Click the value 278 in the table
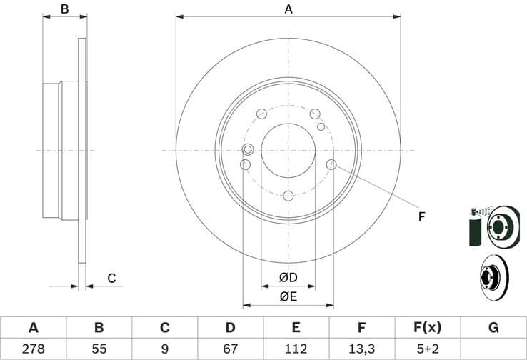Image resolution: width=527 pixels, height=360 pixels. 33,349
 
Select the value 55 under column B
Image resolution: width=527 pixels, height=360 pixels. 99,349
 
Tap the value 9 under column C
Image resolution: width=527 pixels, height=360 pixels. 165,349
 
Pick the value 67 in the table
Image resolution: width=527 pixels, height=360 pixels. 230,349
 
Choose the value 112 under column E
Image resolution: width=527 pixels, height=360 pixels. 296,349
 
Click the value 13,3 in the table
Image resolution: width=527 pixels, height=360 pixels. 361,349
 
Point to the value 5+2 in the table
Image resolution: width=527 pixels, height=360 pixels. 427,349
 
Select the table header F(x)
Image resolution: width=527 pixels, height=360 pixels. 427,328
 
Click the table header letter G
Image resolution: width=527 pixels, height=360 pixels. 493,328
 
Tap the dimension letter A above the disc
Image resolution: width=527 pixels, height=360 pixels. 288,9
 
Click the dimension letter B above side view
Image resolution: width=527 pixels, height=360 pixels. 64,9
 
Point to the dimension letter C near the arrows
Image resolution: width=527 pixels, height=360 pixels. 111,279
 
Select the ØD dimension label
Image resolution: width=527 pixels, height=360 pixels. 288,277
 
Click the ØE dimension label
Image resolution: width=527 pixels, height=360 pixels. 288,296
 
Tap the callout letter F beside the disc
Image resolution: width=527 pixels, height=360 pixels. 422,216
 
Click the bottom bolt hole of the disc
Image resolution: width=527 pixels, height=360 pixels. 288,196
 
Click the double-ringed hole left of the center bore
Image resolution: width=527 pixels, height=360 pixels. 248,149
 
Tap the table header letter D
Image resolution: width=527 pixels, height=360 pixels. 230,328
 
